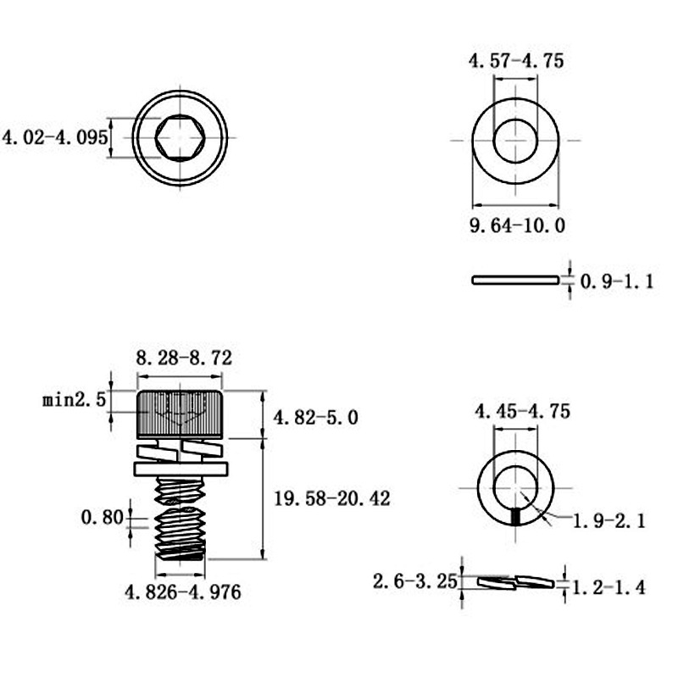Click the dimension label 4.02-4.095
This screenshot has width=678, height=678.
[55, 138]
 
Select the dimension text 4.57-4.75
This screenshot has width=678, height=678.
[516, 60]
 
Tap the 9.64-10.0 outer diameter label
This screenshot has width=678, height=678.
[517, 225]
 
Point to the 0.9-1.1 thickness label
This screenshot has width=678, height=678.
[617, 281]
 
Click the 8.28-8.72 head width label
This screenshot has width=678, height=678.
[184, 358]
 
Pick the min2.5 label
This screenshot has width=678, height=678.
[74, 399]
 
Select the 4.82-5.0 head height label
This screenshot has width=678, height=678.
[315, 418]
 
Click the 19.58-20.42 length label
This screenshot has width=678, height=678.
[332, 498]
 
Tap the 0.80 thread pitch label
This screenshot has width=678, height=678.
[102, 517]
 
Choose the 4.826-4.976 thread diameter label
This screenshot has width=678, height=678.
[182, 592]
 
